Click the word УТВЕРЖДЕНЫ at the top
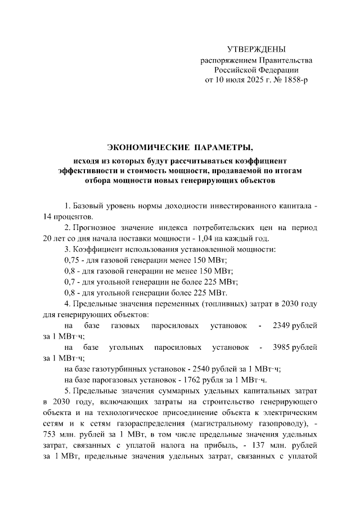[x=256, y=49]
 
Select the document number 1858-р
[x=296, y=80]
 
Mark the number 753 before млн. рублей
[x=52, y=434]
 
